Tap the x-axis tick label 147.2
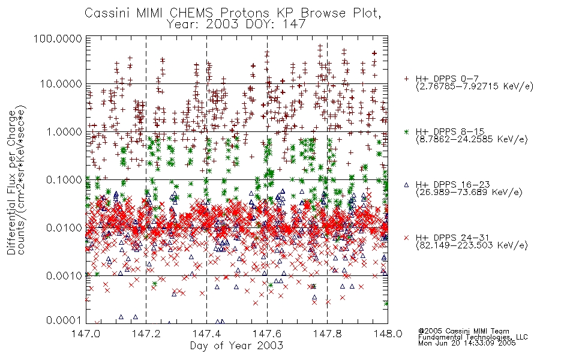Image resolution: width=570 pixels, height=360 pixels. (146, 334)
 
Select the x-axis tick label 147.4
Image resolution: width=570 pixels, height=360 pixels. (206, 334)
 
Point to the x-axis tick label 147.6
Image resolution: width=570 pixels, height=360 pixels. (267, 334)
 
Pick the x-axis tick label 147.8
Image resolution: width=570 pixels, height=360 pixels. (327, 334)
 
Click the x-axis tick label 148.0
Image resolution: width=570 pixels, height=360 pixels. (388, 334)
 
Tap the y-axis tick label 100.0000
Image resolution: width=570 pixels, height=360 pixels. (58, 38)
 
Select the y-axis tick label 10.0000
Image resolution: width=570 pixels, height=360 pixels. (61, 84)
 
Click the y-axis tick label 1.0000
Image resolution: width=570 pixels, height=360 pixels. (64, 131)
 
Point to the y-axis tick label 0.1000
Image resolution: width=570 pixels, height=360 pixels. (64, 179)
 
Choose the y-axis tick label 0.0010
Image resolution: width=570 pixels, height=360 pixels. (64, 275)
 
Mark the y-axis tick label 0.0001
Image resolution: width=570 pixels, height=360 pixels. (64, 320)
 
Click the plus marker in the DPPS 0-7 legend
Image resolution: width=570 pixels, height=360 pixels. (406, 79)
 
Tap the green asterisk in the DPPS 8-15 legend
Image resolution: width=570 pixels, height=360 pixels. (406, 131)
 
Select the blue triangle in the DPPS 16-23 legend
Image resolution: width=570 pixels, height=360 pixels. (406, 185)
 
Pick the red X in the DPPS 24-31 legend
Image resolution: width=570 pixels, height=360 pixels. (406, 238)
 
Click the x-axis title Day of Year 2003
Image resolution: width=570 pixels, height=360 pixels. (236, 346)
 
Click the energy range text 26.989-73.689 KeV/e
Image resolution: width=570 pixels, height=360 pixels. (469, 193)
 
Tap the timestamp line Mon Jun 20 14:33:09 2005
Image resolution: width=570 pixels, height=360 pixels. (467, 343)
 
